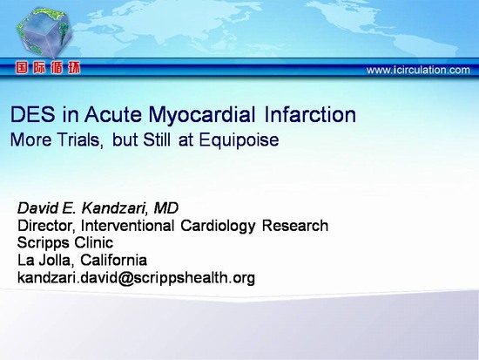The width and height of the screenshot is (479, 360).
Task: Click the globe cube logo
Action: pos(44,32)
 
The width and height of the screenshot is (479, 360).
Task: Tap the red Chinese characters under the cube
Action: pos(48,68)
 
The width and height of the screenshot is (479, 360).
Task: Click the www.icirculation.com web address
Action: pos(418,70)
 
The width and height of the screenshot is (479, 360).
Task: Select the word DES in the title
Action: pos(33,114)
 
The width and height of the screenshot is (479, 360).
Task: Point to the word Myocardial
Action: pos(202,116)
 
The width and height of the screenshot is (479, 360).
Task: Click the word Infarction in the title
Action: pos(310,114)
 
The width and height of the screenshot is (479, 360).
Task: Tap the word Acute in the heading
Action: pos(113,114)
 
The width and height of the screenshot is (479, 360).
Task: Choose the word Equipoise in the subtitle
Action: pos(239,141)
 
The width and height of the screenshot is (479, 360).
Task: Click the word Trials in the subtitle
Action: pos(80,140)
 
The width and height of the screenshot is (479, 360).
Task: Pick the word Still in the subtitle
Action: pos(157,139)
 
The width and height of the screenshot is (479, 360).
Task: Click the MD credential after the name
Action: pos(165,208)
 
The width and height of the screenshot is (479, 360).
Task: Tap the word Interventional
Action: pos(127,226)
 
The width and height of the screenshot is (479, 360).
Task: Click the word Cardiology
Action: pos(218,227)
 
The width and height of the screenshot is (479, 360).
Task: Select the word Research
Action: pos(294,226)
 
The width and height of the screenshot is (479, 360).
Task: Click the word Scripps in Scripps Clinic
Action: pos(43,243)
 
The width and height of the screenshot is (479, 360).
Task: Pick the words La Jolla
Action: pos(45,261)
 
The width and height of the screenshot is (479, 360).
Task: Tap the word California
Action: pos(113,260)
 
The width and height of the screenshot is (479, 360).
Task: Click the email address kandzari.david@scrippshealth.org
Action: pos(136,278)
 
